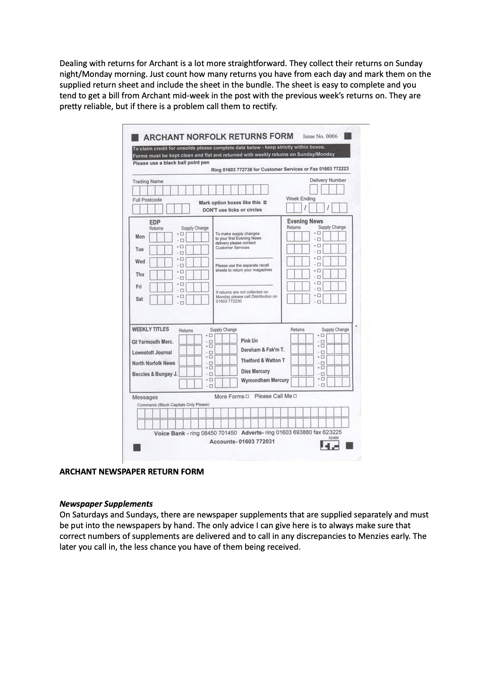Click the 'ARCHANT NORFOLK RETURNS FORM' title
(218, 137)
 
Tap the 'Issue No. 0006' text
(320, 136)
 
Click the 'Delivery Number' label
(328, 180)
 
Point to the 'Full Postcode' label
(147, 200)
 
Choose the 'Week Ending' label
(301, 199)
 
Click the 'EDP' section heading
(155, 222)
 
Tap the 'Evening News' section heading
(305, 221)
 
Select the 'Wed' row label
(140, 262)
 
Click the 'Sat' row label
(139, 299)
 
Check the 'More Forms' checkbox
(247, 396)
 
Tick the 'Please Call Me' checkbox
(295, 396)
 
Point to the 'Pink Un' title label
(249, 341)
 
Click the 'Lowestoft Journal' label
(152, 353)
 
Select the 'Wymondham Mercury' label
(265, 380)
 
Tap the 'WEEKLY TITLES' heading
(150, 329)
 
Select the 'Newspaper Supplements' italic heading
(106, 504)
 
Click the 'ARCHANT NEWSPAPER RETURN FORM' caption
(131, 472)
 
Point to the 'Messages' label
(145, 397)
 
